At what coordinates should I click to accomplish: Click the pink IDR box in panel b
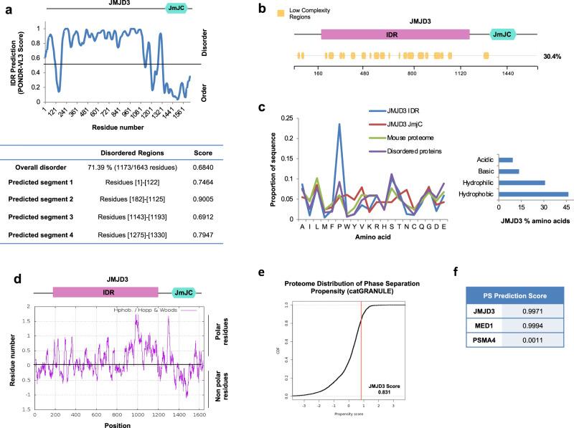pos(395,34)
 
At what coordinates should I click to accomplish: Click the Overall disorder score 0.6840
pos(196,166)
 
